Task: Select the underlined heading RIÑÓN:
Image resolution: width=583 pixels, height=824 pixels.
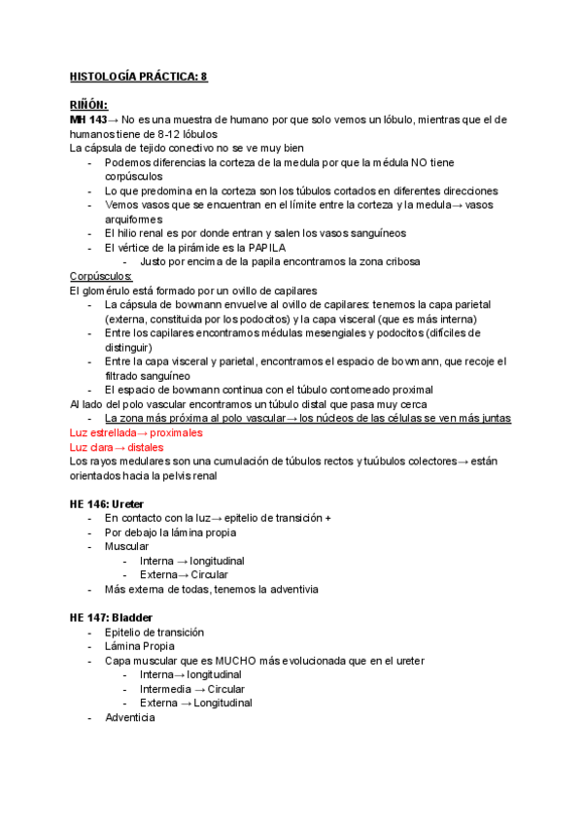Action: coord(88,105)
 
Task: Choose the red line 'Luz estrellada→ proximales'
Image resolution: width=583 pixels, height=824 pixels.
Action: coord(136,432)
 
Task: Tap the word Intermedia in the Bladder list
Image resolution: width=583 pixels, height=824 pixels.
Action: coord(166,689)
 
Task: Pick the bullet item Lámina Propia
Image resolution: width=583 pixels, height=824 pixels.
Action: coord(140,646)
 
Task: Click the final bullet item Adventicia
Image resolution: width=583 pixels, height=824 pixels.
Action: coord(130,718)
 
